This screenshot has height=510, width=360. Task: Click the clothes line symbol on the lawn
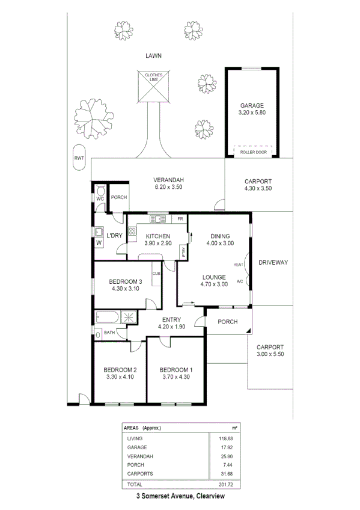pos(153,87)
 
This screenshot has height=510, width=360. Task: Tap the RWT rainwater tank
pos(78,158)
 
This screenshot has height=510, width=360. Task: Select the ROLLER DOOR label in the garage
pos(252,152)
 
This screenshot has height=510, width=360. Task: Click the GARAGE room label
pos(252,105)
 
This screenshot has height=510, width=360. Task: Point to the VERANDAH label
pos(168,180)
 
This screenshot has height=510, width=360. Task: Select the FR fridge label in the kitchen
pos(180,218)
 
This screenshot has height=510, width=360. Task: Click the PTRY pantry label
pos(183,253)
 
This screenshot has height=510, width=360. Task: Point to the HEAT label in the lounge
pos(239,264)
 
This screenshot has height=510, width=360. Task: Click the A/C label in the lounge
pos(239,281)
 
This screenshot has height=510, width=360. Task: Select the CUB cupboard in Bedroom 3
pos(155,274)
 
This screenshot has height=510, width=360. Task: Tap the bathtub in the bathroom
pos(109,318)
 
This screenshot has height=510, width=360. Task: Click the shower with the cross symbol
pos(129,318)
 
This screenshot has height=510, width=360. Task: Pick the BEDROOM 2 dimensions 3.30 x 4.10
pos(120,377)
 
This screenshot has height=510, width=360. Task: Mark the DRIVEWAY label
pos(273,263)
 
